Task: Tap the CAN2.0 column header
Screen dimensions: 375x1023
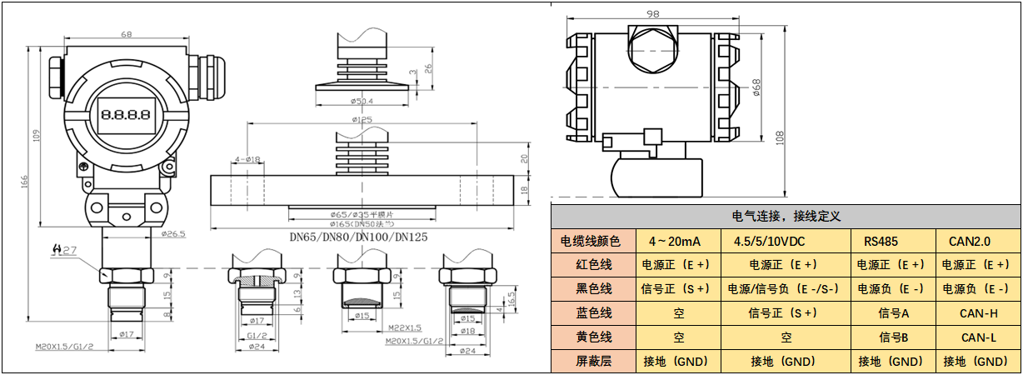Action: point(971,242)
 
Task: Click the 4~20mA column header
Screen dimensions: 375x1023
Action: point(675,242)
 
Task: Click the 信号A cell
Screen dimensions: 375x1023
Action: point(890,313)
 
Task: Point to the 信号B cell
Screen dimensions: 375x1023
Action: point(890,337)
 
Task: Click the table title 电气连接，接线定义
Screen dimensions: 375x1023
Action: point(786,216)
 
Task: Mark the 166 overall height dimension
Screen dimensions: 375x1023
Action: point(25,180)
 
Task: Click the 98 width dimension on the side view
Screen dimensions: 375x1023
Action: point(653,12)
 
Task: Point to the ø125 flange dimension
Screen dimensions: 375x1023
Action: point(362,121)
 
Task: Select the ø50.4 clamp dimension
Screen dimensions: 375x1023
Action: point(361,102)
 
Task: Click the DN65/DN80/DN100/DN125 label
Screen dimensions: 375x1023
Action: point(358,237)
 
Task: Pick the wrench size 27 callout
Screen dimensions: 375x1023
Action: point(65,249)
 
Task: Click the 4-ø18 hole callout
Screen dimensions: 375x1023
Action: point(247,158)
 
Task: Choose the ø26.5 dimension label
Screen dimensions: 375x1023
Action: point(173,233)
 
